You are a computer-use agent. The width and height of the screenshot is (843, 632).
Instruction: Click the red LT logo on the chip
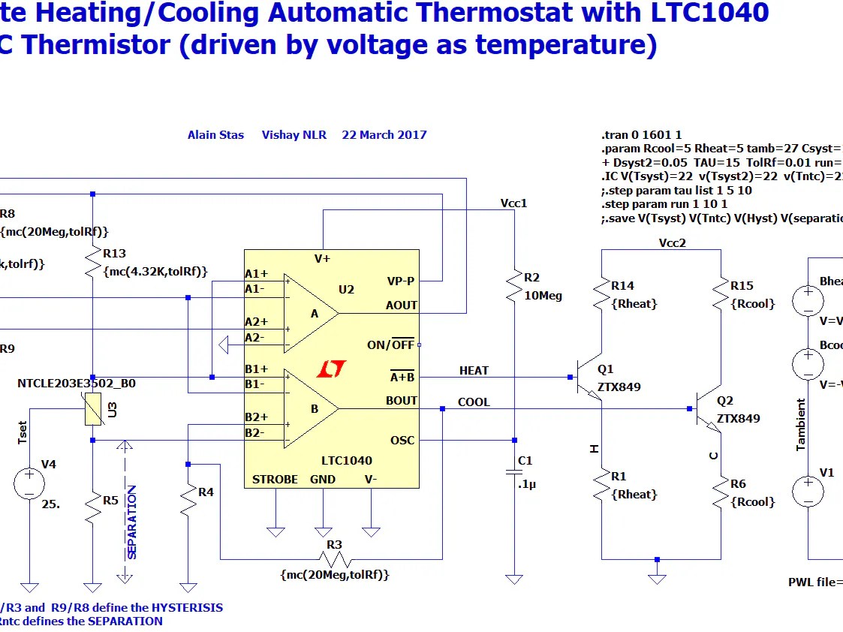(x=331, y=369)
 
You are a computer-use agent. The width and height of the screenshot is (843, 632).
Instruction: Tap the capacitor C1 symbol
(x=514, y=471)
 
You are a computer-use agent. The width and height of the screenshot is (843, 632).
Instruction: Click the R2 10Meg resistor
(x=514, y=286)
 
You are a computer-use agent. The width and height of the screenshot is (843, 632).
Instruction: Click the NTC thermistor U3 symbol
(x=92, y=411)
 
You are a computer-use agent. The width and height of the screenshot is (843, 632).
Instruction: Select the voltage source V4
(x=30, y=483)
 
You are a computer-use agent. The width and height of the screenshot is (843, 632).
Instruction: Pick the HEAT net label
(x=474, y=371)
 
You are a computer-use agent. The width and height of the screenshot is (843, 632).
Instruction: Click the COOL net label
(x=474, y=402)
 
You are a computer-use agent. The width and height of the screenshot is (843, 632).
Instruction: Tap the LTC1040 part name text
(x=346, y=461)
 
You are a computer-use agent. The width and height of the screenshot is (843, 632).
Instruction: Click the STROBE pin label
(x=275, y=480)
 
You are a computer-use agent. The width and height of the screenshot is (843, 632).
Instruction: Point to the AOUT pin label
(x=402, y=305)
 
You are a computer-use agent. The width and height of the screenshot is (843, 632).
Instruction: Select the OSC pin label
(x=402, y=440)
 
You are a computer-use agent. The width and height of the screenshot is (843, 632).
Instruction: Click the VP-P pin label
(x=401, y=281)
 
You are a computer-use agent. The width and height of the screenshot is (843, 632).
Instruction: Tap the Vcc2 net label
(x=672, y=243)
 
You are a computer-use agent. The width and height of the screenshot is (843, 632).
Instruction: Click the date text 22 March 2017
(x=384, y=135)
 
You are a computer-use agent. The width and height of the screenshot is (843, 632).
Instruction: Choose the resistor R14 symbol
(x=601, y=293)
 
